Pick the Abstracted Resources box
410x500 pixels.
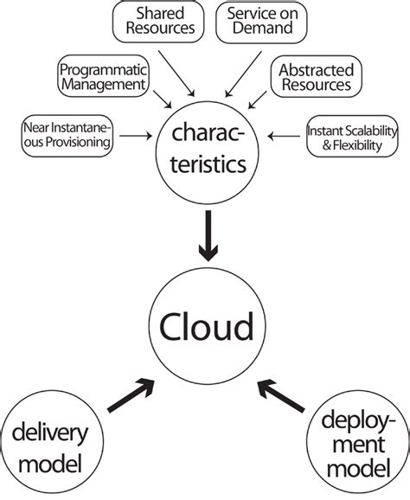point(315,75)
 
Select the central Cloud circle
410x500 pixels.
point(205,327)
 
